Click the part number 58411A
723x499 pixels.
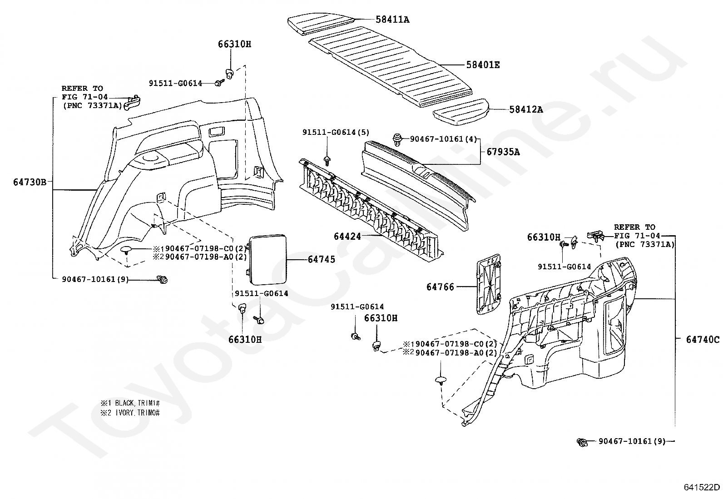pyautogui.click(x=392, y=20)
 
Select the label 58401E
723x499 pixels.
pyautogui.click(x=483, y=65)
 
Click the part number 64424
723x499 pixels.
pyautogui.click(x=347, y=237)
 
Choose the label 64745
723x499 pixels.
pyautogui.click(x=322, y=259)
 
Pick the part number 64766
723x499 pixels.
pyautogui.click(x=440, y=287)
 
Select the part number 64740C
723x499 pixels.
pyautogui.click(x=703, y=339)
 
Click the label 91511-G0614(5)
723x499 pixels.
pyautogui.click(x=336, y=132)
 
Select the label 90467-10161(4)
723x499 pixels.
pyautogui.click(x=439, y=138)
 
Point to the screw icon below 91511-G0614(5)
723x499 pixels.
pyautogui.click(x=327, y=159)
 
